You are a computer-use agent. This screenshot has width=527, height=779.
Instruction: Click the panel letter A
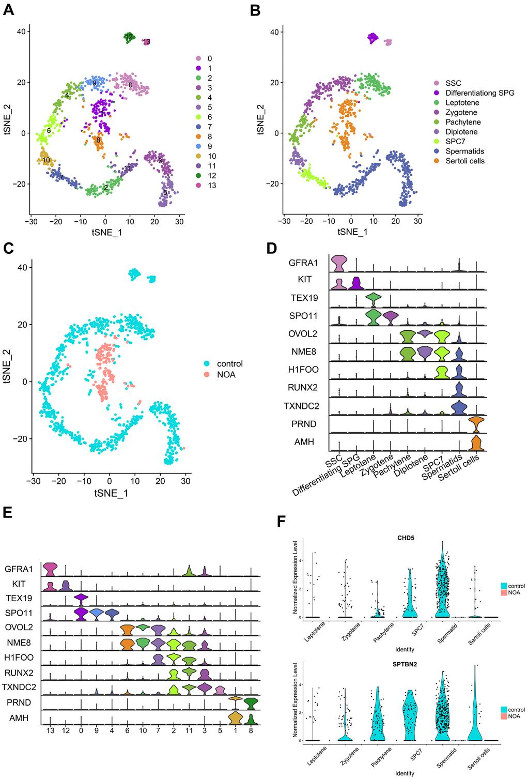pos(8,10)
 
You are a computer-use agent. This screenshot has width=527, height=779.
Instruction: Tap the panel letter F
pos(282,521)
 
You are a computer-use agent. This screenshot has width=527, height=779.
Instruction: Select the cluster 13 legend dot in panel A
pos(198,185)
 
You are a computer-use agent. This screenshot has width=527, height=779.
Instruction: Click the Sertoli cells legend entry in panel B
pos(464,161)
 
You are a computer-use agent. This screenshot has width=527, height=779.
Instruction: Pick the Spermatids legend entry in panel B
pos(464,151)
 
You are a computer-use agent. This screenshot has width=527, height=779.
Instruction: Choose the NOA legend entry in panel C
pos(226,374)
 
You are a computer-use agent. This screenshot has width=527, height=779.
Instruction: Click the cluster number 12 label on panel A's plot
pos(129,37)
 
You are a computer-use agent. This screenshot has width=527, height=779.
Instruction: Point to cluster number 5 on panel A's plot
pos(165,193)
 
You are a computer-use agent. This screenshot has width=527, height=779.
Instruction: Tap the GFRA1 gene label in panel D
pos(303,263)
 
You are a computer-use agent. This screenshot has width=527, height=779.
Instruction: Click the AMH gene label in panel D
pos(304,442)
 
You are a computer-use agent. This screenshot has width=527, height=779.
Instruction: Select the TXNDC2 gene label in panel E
pos(19,687)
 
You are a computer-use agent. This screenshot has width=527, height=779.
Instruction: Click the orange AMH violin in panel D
pos(476,444)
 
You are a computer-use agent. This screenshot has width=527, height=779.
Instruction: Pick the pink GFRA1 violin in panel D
pos(338,263)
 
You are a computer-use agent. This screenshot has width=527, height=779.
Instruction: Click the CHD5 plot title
pos(406,538)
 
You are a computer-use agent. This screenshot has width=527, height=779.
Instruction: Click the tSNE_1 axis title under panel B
pos(352,232)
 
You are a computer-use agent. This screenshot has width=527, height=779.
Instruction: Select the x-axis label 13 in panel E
pos(50,730)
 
